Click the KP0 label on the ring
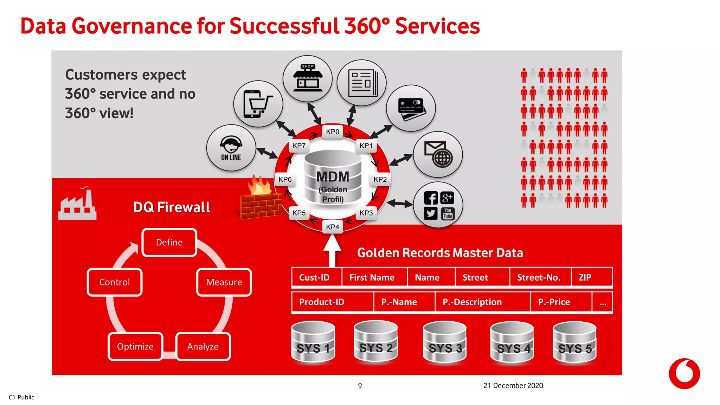coord(332,132)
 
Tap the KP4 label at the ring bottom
coord(332,227)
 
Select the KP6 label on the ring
coord(285,179)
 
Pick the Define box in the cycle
coord(169,242)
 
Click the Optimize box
coord(135,346)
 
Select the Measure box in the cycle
coord(224,282)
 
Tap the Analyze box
coord(203,346)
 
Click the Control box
coord(115,282)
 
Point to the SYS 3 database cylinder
coord(445,342)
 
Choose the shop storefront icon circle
coord(308,78)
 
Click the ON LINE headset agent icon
coord(231,148)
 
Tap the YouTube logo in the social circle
coord(448,213)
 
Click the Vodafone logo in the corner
coord(684,373)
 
